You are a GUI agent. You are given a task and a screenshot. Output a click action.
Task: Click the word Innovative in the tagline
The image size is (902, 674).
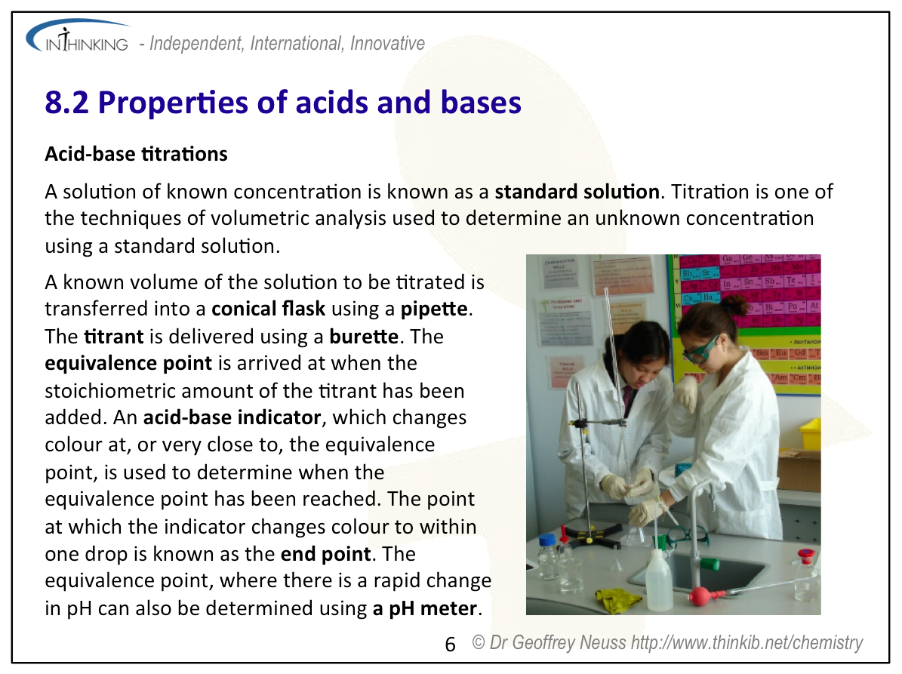coord(387,43)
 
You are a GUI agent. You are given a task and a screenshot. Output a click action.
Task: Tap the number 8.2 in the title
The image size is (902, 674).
coord(66,103)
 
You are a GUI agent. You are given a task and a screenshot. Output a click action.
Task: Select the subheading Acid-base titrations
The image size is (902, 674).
coord(137,154)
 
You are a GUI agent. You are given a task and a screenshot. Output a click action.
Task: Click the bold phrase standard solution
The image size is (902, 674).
coord(577,192)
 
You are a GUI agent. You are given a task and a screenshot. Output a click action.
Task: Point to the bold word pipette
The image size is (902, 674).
coord(434,309)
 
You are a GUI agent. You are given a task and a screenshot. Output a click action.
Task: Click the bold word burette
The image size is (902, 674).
coord(364,337)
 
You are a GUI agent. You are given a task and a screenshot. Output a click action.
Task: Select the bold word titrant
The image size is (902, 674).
coord(114,337)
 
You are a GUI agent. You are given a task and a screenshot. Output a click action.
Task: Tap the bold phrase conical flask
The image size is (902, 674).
coord(268,309)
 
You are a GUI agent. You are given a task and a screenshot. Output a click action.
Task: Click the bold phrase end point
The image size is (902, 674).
coord(325,555)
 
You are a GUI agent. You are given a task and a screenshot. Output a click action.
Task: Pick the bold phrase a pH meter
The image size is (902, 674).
coord(425,608)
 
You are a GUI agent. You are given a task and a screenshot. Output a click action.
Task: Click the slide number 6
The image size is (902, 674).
coord(451,644)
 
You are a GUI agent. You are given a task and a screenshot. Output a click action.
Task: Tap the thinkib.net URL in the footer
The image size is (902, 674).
coord(747,642)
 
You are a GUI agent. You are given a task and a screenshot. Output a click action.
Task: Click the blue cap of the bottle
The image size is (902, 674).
coord(547,540)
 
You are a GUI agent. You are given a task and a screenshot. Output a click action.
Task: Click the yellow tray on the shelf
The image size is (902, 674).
coord(809,434)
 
